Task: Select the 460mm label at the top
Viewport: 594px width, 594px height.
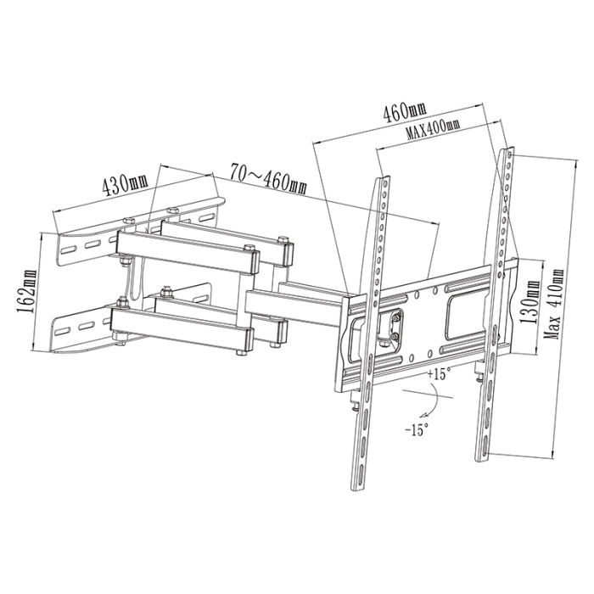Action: click(x=406, y=112)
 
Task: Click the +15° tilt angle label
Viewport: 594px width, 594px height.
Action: click(x=439, y=374)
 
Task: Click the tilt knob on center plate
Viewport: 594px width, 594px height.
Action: click(x=394, y=328)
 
